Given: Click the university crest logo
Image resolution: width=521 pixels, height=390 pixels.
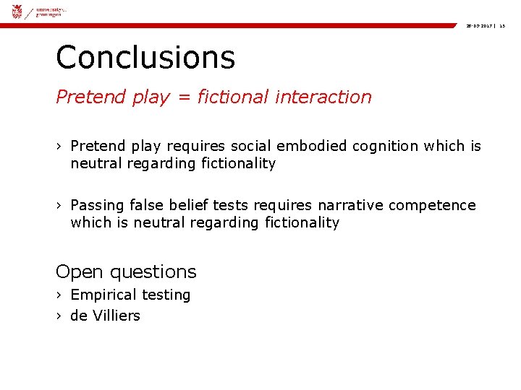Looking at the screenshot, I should [x=17, y=11].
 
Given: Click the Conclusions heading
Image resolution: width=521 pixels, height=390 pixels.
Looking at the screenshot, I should [x=145, y=57].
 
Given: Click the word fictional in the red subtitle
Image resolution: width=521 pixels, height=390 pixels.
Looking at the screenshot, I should [x=232, y=97].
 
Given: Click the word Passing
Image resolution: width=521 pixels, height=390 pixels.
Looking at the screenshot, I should [x=97, y=205].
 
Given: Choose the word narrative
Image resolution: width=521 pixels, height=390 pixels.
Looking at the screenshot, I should [x=351, y=205].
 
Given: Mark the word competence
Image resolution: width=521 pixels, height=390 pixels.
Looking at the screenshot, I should [x=432, y=205].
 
